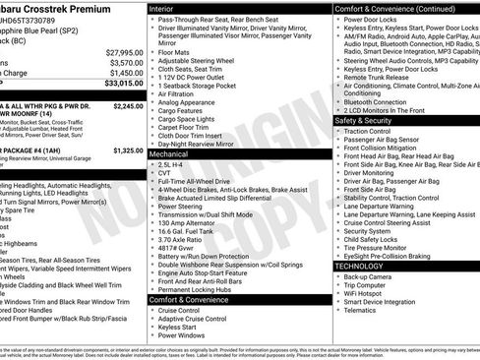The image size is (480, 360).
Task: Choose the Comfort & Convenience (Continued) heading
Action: [x=384, y=8]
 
